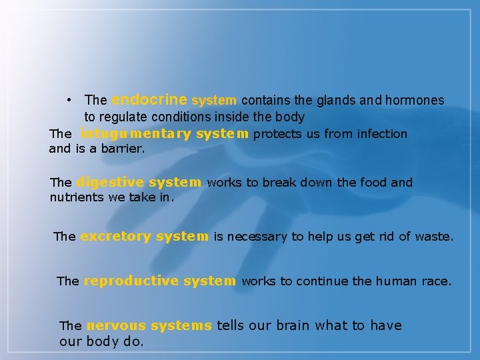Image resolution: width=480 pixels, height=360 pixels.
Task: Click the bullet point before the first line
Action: click(x=70, y=100)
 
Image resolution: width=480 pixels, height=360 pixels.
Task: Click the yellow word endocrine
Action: click(x=149, y=100)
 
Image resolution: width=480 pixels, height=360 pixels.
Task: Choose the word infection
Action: click(x=382, y=134)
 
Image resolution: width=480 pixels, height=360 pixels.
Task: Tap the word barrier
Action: click(x=123, y=149)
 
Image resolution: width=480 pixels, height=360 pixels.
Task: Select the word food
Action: click(x=377, y=182)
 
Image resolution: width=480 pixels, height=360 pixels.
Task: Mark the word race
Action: click(x=437, y=281)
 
